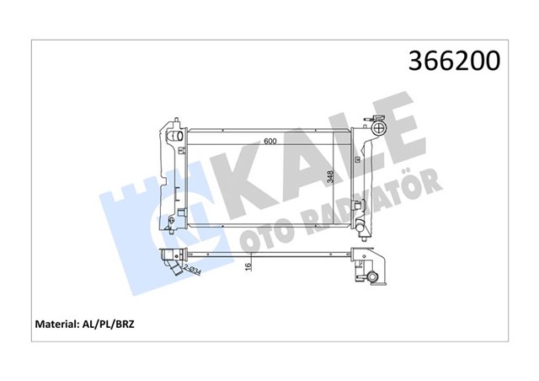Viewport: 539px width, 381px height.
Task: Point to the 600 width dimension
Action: (x=269, y=141)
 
